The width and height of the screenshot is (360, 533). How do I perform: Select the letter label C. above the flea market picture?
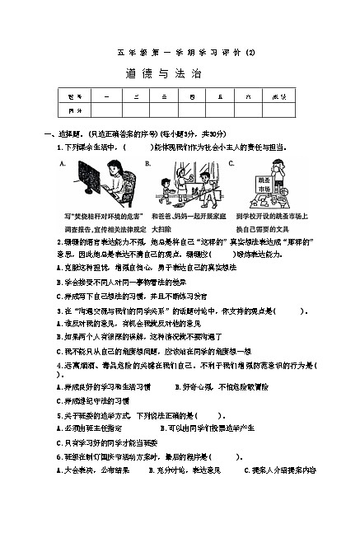pos(231,163)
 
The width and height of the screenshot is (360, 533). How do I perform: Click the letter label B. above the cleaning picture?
pos(147,163)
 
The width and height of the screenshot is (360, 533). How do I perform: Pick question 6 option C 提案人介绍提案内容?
pos(280,470)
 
